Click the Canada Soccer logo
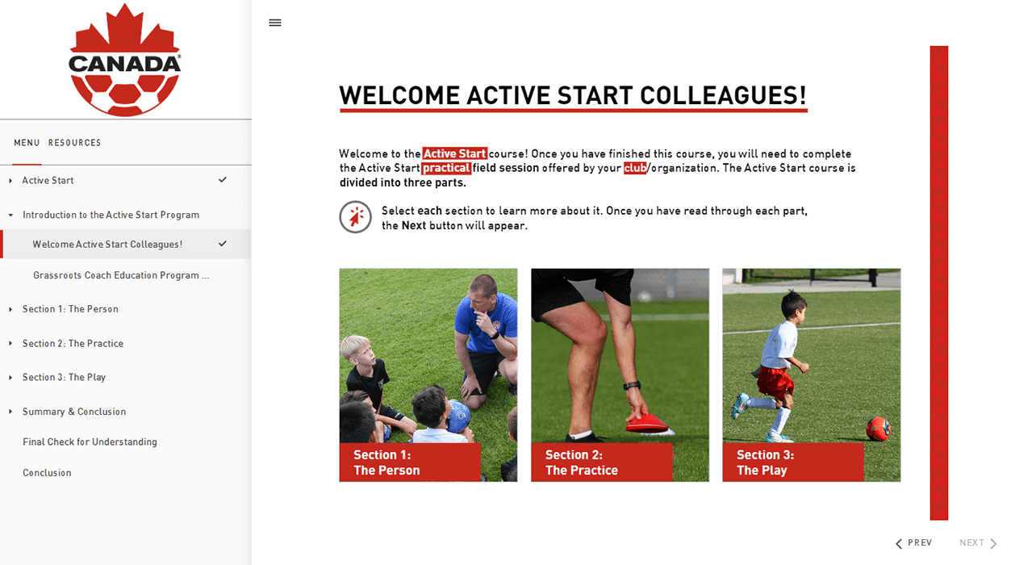(125, 60)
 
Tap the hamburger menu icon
(275, 23)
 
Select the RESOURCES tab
(74, 143)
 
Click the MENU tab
(27, 143)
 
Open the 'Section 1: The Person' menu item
(70, 309)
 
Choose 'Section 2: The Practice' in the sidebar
(73, 343)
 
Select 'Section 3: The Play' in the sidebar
(64, 378)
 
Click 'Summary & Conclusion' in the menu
(74, 412)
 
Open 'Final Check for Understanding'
(90, 442)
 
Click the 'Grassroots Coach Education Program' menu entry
(121, 275)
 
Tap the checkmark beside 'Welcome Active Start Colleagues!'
(223, 244)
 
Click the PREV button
(914, 543)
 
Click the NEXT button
(978, 543)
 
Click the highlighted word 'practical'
(446, 168)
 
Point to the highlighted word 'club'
(635, 168)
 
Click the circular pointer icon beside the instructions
(356, 217)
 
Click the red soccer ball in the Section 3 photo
(878, 428)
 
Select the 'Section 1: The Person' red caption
(410, 462)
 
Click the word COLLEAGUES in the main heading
(723, 96)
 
